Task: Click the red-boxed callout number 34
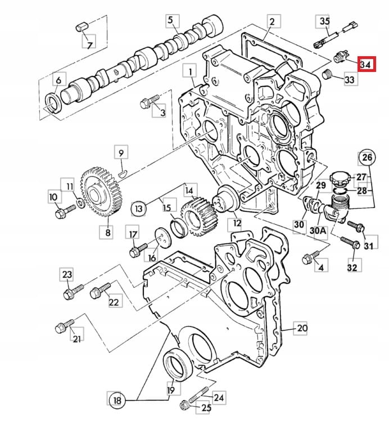(365, 64)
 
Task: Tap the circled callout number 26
(367, 158)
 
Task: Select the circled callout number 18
(115, 400)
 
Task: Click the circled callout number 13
(138, 209)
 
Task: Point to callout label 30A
(318, 231)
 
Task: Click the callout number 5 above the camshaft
(170, 21)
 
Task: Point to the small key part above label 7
(80, 26)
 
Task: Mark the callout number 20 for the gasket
(301, 328)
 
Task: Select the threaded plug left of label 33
(325, 74)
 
